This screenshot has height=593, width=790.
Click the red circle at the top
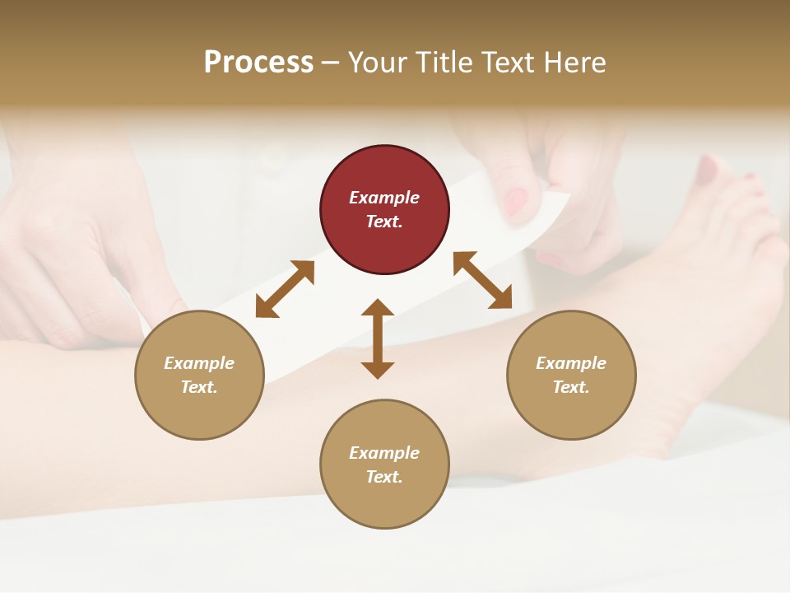pos(384,210)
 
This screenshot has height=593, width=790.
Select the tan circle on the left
pos(199,376)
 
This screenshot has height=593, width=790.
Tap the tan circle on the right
pos(571,376)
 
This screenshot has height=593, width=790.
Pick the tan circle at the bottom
pos(384,465)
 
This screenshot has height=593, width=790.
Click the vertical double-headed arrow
pos(378,339)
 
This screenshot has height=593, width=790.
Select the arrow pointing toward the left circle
pos(285,289)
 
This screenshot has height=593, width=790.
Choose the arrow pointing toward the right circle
pos(482,280)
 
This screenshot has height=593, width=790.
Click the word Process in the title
pos(258,63)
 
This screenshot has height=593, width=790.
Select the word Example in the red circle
pos(384,198)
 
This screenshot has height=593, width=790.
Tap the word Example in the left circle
pos(199,363)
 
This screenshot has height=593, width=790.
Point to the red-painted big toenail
pos(707,170)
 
